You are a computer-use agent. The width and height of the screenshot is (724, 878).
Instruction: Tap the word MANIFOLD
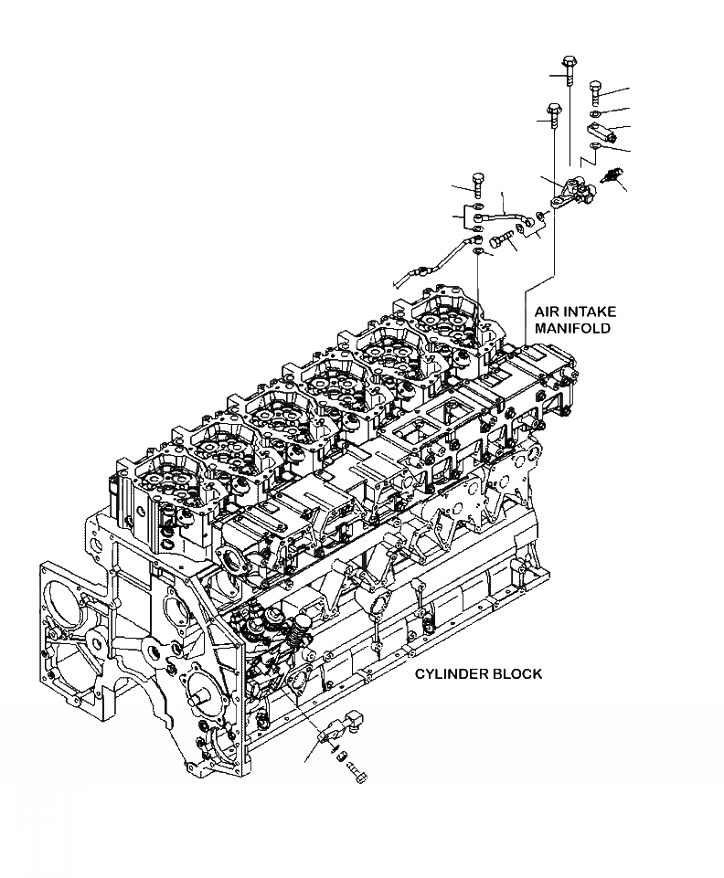tap(571, 328)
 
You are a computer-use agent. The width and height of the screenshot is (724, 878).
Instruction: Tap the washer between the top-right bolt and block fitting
tap(595, 112)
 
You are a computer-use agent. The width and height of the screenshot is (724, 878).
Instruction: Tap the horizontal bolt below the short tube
tap(498, 242)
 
